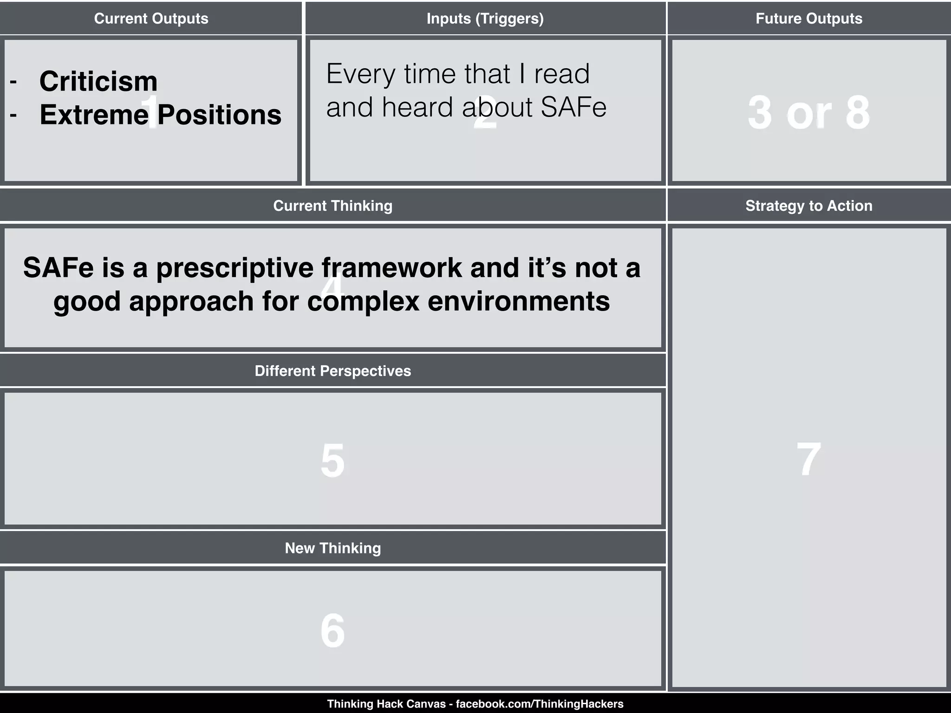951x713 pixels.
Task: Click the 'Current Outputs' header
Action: point(151,19)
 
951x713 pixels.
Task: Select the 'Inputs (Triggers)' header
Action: point(485,19)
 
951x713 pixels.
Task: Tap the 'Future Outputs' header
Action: point(808,19)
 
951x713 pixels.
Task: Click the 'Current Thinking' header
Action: point(332,206)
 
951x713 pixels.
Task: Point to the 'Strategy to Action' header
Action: point(808,206)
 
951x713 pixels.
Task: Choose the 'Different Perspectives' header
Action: point(332,371)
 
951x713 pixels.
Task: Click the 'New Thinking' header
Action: point(332,548)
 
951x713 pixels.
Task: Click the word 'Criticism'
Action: point(98,81)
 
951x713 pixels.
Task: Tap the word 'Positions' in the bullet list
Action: point(219,115)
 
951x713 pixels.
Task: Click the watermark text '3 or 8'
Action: point(808,113)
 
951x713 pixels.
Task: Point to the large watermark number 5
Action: point(332,460)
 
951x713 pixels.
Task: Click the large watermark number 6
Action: point(332,630)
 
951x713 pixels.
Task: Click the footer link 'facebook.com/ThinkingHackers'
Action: point(540,704)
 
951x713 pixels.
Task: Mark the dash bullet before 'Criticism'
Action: point(13,82)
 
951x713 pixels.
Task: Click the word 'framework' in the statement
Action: point(392,268)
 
